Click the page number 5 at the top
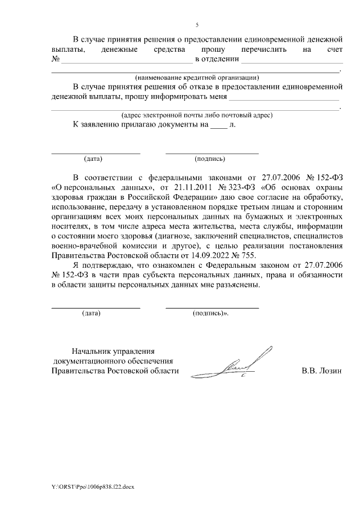pos(197,25)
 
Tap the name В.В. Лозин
pos(322,371)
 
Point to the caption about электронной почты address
pos(196,115)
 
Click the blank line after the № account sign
pos(124,60)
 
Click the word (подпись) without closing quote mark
pos(209,159)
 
